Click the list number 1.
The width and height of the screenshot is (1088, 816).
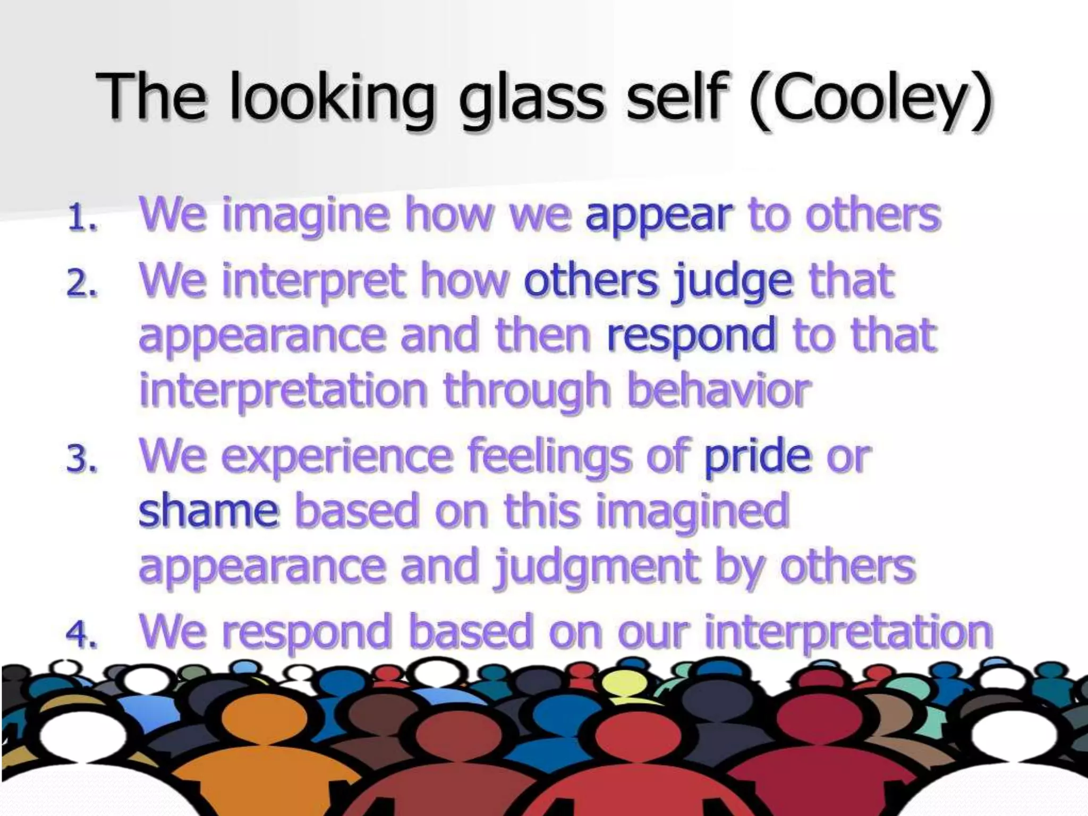(83, 218)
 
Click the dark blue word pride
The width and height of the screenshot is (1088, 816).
(757, 457)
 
